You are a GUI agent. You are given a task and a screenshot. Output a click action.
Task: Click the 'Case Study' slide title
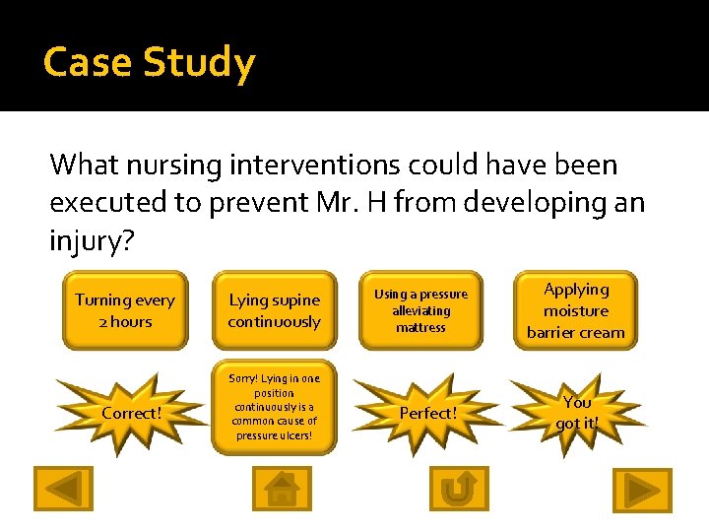coord(149,62)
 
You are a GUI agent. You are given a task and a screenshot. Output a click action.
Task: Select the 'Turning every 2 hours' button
coord(125,310)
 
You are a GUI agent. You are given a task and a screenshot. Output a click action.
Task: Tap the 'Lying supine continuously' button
coord(274,310)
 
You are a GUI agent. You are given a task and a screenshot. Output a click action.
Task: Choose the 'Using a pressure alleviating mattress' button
coord(420,310)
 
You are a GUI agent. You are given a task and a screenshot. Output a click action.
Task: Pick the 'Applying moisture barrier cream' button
coord(576,310)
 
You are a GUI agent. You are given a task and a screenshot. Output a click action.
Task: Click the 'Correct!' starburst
coord(131,413)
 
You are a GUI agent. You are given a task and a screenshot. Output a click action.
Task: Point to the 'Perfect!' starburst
coord(427,413)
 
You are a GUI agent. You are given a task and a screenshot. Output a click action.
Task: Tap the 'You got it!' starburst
coord(577,413)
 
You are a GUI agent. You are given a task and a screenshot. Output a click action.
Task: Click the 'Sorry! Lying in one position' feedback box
coord(274,406)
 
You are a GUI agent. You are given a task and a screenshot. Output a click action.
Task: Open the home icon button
coord(282,489)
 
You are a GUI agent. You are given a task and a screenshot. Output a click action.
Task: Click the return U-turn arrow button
coord(458,489)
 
